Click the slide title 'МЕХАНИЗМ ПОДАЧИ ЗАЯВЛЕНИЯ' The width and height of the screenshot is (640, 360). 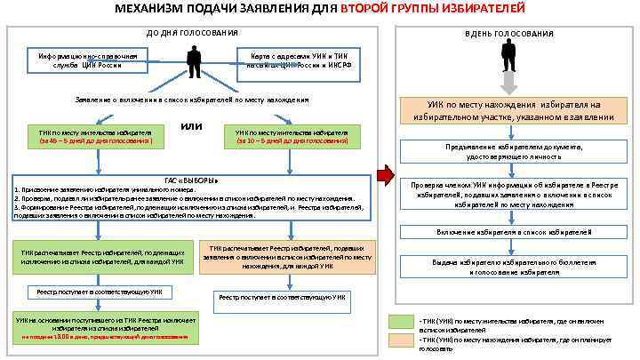pyautogui.click(x=222, y=9)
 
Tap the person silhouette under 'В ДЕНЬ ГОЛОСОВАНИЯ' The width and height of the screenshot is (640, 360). pyautogui.click(x=508, y=55)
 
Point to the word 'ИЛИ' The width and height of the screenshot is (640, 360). pyautogui.click(x=191, y=126)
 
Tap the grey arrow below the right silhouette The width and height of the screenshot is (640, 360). pyautogui.click(x=508, y=83)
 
